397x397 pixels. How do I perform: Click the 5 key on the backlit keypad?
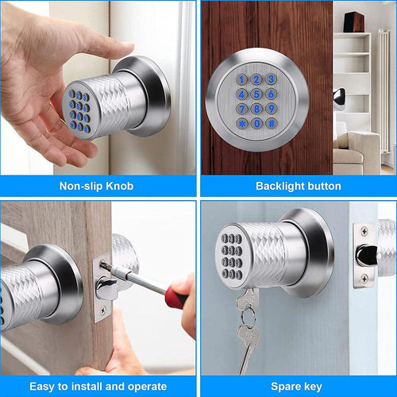[256, 94]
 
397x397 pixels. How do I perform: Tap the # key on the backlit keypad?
[272, 124]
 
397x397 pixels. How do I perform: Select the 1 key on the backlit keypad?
[242, 79]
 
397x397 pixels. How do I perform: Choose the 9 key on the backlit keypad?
[272, 109]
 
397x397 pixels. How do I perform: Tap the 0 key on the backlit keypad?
[256, 124]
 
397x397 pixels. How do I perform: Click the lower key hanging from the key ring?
[245, 343]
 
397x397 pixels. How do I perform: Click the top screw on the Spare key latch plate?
[364, 232]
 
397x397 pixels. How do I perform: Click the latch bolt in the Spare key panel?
[366, 254]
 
